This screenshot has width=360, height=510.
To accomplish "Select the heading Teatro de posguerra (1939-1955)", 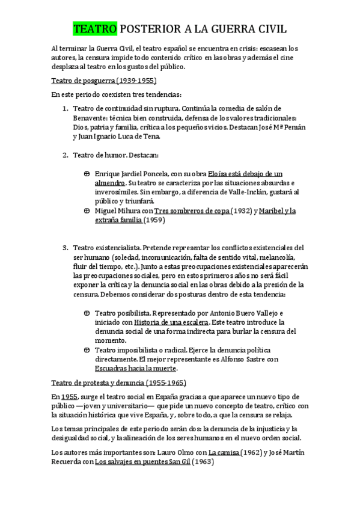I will click(x=104, y=80).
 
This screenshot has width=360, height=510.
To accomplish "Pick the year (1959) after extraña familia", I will click(x=154, y=220).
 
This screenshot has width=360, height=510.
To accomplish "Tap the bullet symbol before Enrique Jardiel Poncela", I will click(x=87, y=173).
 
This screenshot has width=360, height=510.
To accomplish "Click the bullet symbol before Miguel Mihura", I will click(x=87, y=211).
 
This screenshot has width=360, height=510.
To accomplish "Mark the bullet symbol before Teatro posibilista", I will click(x=87, y=313).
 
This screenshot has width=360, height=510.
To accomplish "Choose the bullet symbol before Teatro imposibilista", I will click(x=87, y=350).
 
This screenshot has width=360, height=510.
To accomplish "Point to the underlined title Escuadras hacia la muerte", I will click(x=136, y=369).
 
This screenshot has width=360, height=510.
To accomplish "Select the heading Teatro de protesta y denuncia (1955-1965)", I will click(x=118, y=382).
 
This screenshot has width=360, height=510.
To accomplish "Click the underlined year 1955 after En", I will click(x=69, y=397).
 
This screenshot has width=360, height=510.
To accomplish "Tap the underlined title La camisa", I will click(x=224, y=453).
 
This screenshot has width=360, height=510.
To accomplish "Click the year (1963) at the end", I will click(x=203, y=462).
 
